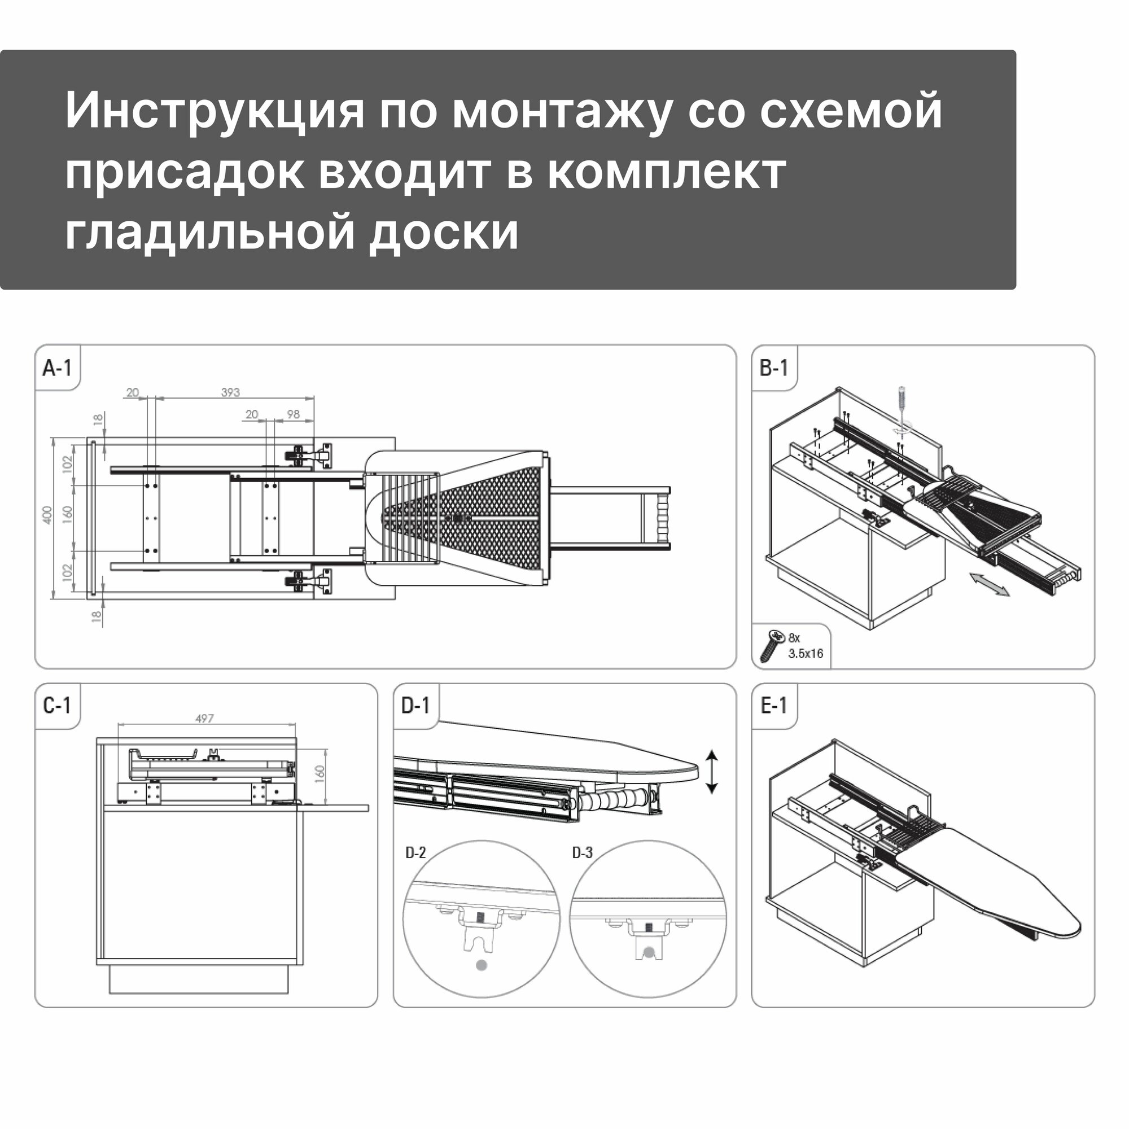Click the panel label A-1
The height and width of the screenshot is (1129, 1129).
(56, 368)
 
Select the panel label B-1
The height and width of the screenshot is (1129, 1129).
(774, 368)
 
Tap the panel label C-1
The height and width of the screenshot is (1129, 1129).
(56, 706)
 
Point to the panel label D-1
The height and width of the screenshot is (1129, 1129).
(415, 706)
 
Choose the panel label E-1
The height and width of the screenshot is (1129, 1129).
(774, 706)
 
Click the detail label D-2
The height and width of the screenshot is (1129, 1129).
(415, 852)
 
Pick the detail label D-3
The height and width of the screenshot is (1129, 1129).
(582, 852)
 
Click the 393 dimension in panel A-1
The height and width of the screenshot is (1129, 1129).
(230, 393)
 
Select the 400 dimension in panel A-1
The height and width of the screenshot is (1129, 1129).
(47, 515)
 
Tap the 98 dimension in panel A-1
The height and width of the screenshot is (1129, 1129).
(294, 414)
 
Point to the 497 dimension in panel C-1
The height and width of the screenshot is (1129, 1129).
(204, 718)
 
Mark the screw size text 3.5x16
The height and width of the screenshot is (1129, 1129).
(806, 653)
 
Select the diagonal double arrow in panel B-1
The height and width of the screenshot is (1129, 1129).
(990, 584)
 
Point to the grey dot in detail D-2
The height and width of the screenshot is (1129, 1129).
(482, 965)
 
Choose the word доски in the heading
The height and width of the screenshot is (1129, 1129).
(444, 232)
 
